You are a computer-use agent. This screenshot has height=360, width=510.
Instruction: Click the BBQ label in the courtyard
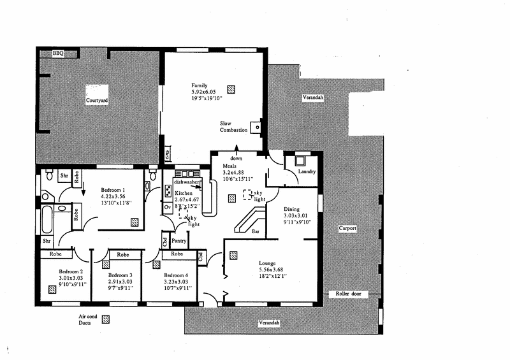click(x=59, y=53)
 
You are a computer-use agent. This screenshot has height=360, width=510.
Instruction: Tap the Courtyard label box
click(x=98, y=101)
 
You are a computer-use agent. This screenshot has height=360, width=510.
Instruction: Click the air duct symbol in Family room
click(x=232, y=89)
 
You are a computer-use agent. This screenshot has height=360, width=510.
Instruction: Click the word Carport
click(x=347, y=228)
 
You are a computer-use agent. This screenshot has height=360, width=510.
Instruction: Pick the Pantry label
click(x=178, y=241)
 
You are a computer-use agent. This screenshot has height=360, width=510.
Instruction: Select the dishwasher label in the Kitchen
click(x=187, y=181)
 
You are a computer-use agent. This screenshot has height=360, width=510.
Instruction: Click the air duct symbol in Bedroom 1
click(x=135, y=222)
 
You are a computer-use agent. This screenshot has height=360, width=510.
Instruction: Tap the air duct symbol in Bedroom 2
click(x=52, y=289)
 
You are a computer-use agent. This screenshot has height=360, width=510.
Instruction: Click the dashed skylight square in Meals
click(x=247, y=193)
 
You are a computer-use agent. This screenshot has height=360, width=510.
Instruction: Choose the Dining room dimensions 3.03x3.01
click(x=296, y=215)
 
